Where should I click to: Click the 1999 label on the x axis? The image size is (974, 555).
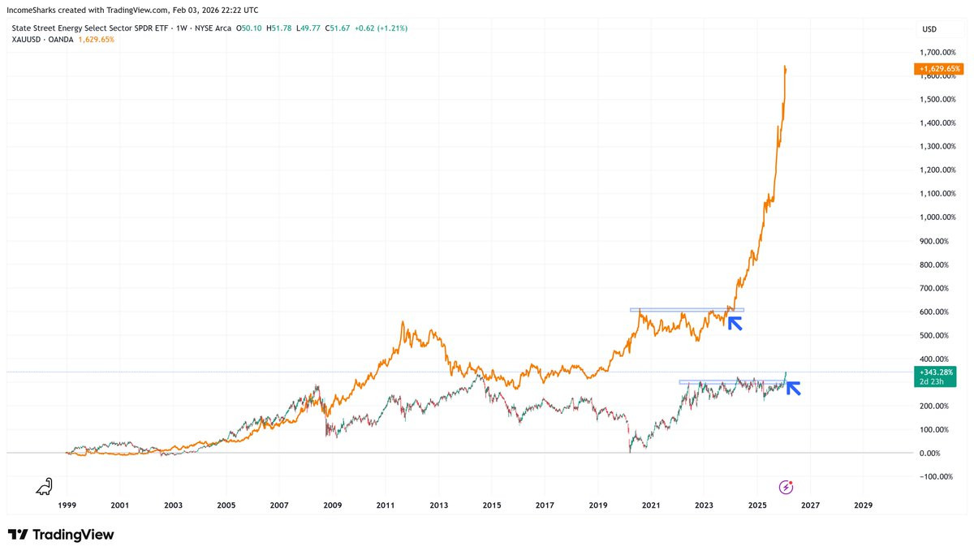pyautogui.click(x=67, y=506)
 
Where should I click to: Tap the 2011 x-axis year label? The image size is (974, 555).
pyautogui.click(x=386, y=506)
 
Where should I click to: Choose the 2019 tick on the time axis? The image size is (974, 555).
pyautogui.click(x=597, y=506)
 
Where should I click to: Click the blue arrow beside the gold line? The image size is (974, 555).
pyautogui.click(x=735, y=323)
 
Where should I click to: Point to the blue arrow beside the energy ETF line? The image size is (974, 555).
pyautogui.click(x=793, y=388)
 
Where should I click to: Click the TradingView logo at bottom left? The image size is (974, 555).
pyautogui.click(x=61, y=535)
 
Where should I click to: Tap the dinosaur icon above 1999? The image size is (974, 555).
pyautogui.click(x=45, y=486)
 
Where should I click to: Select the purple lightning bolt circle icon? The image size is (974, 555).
pyautogui.click(x=786, y=487)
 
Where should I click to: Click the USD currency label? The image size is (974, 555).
pyautogui.click(x=929, y=28)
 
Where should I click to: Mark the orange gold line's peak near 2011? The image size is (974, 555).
pyautogui.click(x=403, y=322)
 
